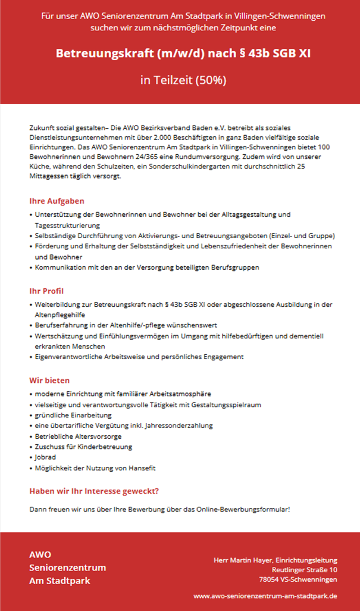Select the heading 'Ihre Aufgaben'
57,201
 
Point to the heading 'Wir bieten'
50,380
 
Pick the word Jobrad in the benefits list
45,457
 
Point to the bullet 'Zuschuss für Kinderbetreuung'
83,447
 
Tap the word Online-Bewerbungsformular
251,509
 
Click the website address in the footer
265,595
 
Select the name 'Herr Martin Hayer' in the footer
243,560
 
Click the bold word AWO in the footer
40,554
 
